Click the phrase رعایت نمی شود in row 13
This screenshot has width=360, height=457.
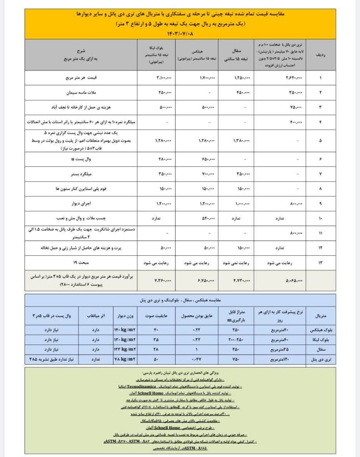pos(240,262)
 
